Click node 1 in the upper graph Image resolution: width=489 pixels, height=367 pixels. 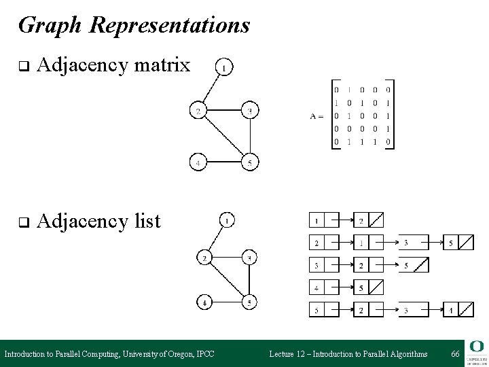pos(224,67)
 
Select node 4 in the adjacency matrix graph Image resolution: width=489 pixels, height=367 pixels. pos(198,162)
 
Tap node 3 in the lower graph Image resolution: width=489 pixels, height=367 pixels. pos(249,258)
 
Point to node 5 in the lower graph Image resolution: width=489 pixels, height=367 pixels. pos(249,302)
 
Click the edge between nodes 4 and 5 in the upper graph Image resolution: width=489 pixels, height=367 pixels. pos(223,162)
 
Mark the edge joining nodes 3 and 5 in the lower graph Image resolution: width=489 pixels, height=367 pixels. pos(249,280)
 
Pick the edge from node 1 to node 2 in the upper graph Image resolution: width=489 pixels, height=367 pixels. pos(211,88)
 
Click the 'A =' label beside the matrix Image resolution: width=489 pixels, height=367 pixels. pos(317,116)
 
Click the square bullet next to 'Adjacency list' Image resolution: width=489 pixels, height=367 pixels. pos(22,222)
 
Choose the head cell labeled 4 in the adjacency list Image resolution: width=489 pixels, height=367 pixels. pos(317,287)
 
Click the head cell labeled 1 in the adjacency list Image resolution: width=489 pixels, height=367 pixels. pos(317,220)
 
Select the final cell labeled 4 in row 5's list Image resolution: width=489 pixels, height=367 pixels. pos(452,310)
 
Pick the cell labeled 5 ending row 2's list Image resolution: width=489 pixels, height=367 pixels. pos(452,243)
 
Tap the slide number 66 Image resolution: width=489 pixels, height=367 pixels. pos(455,354)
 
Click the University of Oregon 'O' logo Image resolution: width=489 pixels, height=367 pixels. pos(475,347)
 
